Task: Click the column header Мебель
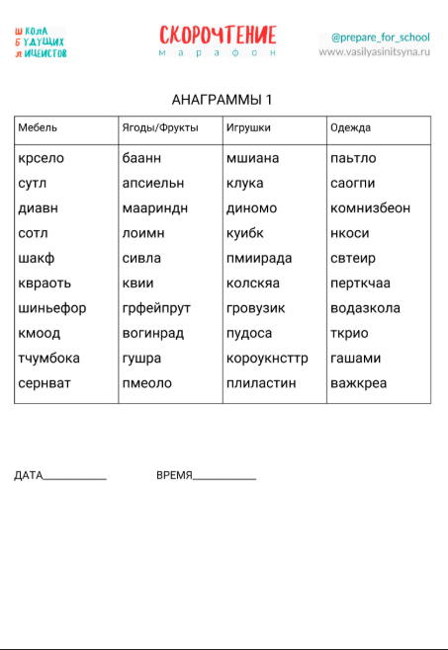(38, 128)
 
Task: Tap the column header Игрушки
(248, 128)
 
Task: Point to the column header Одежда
(350, 128)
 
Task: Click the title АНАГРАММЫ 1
(222, 100)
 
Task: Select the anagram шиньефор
(51, 308)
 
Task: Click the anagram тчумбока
(49, 358)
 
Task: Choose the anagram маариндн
(154, 208)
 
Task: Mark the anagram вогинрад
(153, 333)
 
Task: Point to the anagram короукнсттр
(267, 358)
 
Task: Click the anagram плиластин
(261, 383)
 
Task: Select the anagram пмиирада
(258, 258)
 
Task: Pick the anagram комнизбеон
(370, 208)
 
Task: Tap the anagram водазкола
(365, 308)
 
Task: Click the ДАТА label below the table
(29, 475)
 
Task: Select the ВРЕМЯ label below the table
(174, 475)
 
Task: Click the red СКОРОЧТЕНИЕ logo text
(218, 37)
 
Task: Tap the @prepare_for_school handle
(381, 38)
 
